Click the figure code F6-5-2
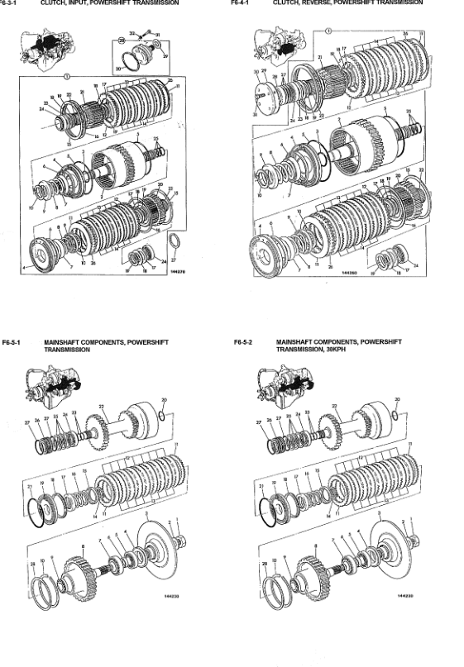246,341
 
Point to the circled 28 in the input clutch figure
122,40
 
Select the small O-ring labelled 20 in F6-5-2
398,411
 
